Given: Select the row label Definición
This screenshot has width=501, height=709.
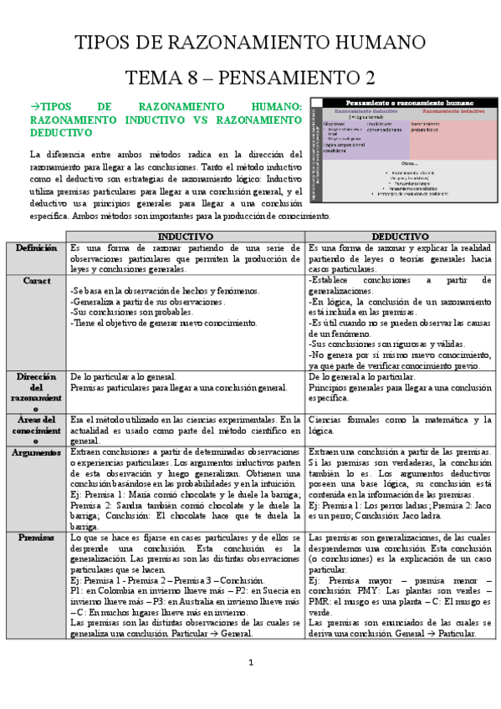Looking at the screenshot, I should point(35,248).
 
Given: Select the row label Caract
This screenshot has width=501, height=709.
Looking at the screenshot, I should point(35,281).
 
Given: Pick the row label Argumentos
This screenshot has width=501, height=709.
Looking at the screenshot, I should point(35,452).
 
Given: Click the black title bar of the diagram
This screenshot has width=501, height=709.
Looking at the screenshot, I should point(401,102).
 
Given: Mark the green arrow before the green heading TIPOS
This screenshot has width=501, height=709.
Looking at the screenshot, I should point(34,107).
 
